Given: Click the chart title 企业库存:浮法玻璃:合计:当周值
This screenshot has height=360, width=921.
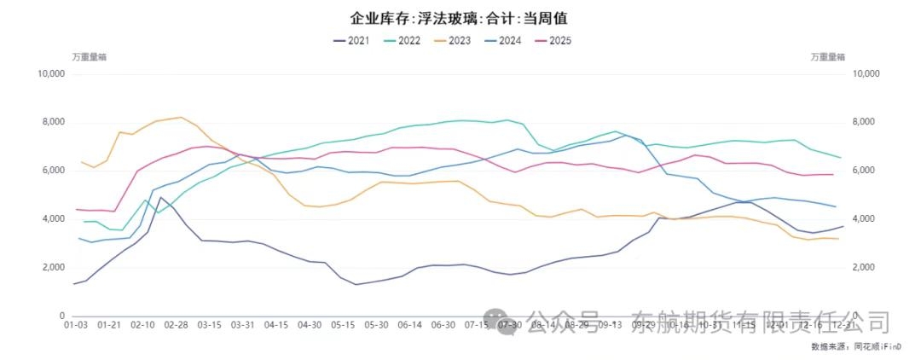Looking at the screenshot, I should click(458, 17).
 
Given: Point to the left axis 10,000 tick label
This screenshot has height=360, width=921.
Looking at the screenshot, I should click(51, 74).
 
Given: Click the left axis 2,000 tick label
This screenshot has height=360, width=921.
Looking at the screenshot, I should click(54, 268).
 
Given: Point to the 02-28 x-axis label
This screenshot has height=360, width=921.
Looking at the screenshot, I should click(176, 325).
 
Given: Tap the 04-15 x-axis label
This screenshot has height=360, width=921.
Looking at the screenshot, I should click(276, 325).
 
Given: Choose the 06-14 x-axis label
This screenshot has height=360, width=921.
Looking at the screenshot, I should click(409, 325).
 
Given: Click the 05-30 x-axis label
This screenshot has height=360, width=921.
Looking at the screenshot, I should click(376, 325).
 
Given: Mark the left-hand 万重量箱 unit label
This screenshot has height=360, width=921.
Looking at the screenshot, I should click(89, 56).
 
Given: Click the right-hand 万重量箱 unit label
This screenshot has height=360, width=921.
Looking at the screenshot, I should click(827, 56).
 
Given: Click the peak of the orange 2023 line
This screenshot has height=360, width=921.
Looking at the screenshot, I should click(180, 118).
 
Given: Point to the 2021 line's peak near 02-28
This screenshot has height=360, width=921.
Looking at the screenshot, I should click(160, 197).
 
